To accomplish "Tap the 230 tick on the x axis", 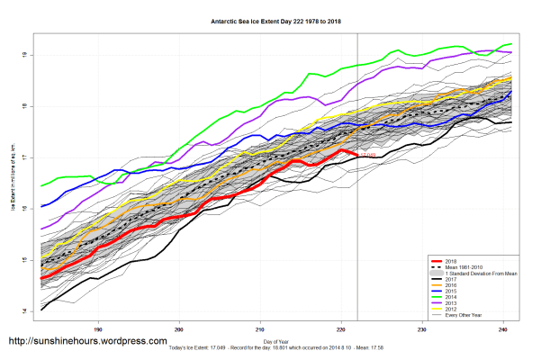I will tap(423, 329).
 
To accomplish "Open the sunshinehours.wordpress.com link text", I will tap(87, 342).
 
